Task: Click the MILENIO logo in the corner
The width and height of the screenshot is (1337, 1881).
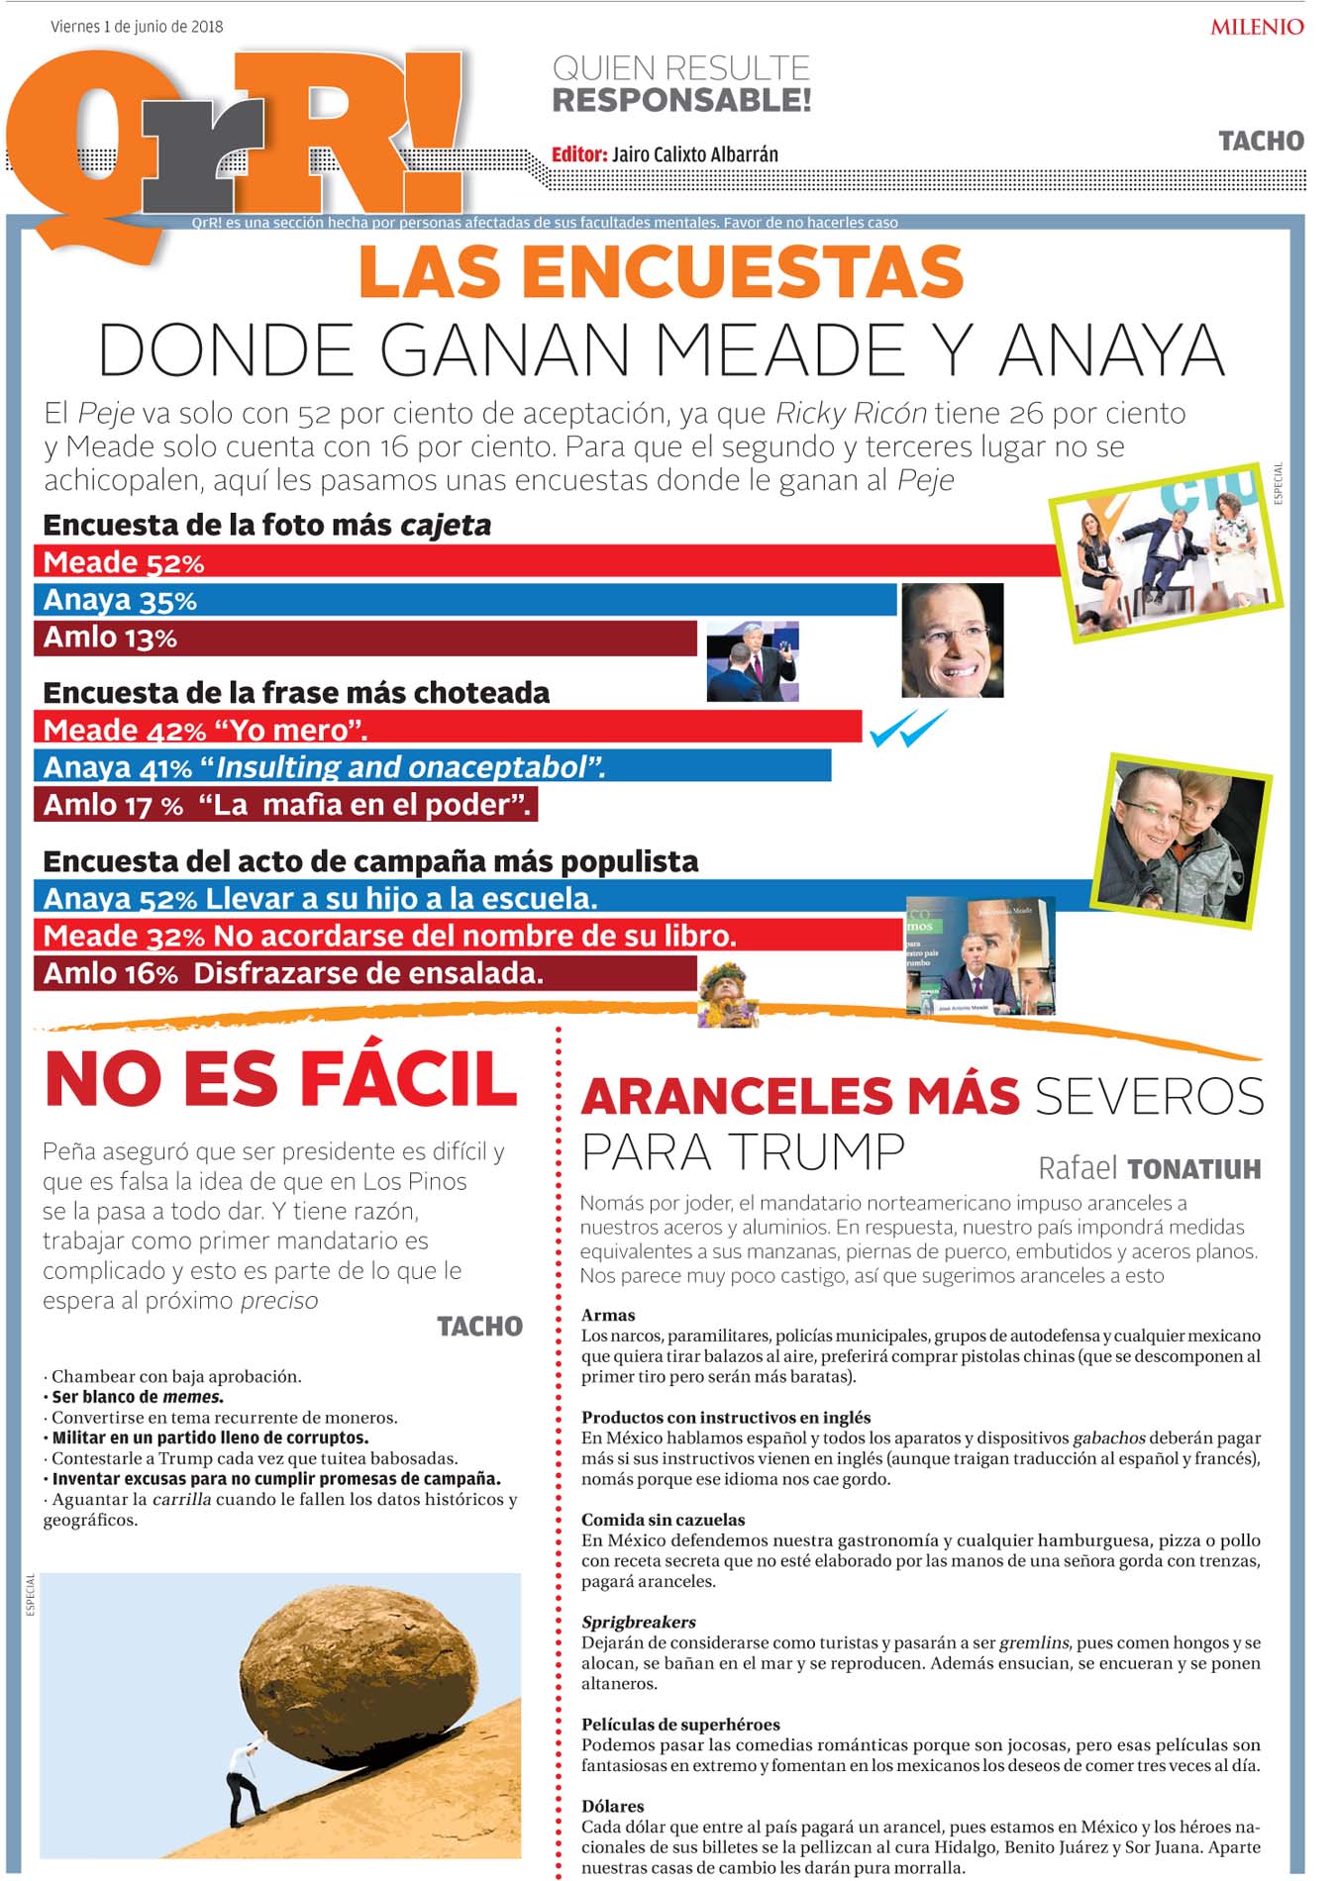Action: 1256,27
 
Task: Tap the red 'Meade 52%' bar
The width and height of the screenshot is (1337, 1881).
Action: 545,561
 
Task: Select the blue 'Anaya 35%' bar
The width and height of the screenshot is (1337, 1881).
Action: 465,600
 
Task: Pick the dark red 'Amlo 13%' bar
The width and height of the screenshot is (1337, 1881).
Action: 366,638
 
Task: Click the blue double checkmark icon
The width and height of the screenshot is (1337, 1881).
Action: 907,730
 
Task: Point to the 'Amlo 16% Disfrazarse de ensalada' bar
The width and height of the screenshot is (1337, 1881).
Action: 366,973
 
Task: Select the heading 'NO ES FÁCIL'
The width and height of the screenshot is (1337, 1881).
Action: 281,1080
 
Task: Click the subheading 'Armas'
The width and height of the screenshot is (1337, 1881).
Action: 608,1315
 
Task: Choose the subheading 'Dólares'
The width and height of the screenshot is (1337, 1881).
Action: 612,1806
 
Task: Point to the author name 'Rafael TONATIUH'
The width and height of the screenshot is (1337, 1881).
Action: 1149,1169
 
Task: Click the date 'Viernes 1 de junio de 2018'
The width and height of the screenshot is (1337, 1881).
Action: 137,27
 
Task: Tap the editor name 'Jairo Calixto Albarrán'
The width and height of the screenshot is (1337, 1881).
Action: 694,154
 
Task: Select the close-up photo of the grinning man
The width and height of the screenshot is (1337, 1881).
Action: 952,641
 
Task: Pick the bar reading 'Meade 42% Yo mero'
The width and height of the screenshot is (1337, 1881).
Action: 446,730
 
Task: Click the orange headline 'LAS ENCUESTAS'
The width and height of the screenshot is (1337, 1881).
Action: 661,272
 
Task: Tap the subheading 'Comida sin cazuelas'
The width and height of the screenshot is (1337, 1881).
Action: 663,1520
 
